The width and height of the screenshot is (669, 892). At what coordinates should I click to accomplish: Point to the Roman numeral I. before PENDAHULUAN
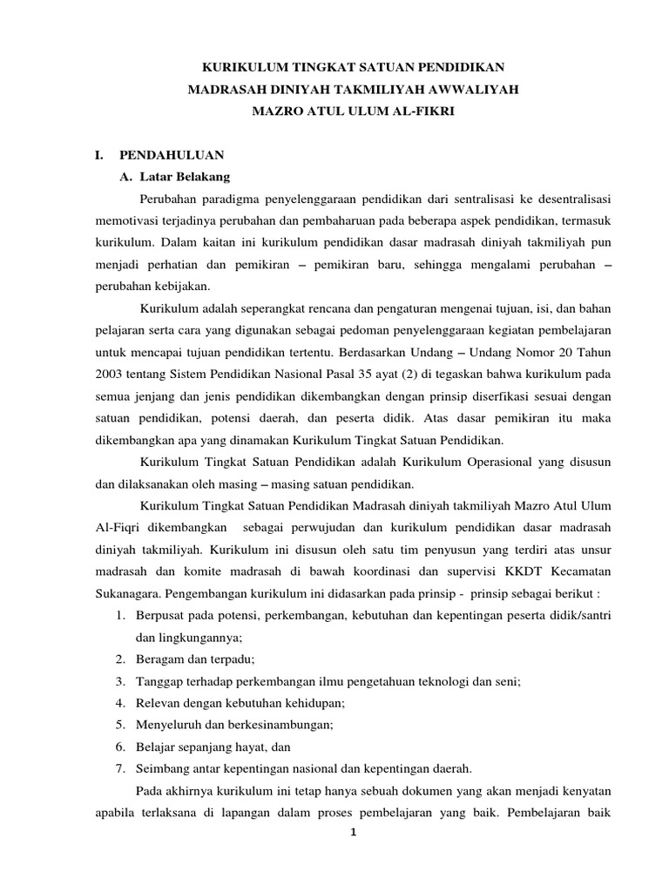tap(100, 155)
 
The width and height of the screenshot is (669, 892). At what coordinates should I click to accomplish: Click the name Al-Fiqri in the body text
tap(115, 527)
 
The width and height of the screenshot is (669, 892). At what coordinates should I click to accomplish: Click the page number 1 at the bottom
tap(352, 833)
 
